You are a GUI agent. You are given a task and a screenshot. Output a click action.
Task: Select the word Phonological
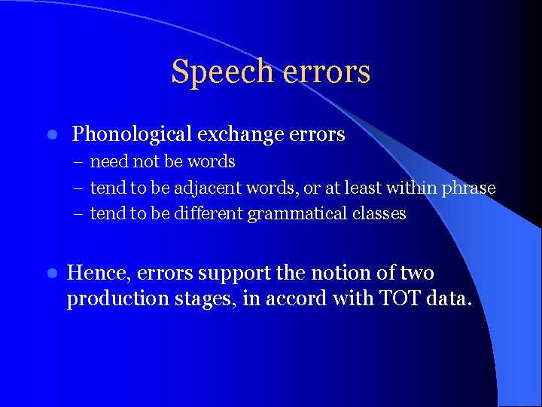[x=132, y=135]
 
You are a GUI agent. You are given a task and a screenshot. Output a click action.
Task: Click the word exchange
[x=240, y=135]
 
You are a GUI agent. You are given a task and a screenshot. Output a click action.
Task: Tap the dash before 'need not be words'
[x=80, y=162]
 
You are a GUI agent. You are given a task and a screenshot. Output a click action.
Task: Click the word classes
[x=379, y=214]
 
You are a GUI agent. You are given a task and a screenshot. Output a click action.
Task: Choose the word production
[x=110, y=299]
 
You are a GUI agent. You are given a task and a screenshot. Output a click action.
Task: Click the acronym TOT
[x=400, y=298]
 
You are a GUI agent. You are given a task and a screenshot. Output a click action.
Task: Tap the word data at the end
[x=449, y=299]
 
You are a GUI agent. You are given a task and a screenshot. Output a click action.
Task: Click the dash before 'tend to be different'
[x=80, y=214]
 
